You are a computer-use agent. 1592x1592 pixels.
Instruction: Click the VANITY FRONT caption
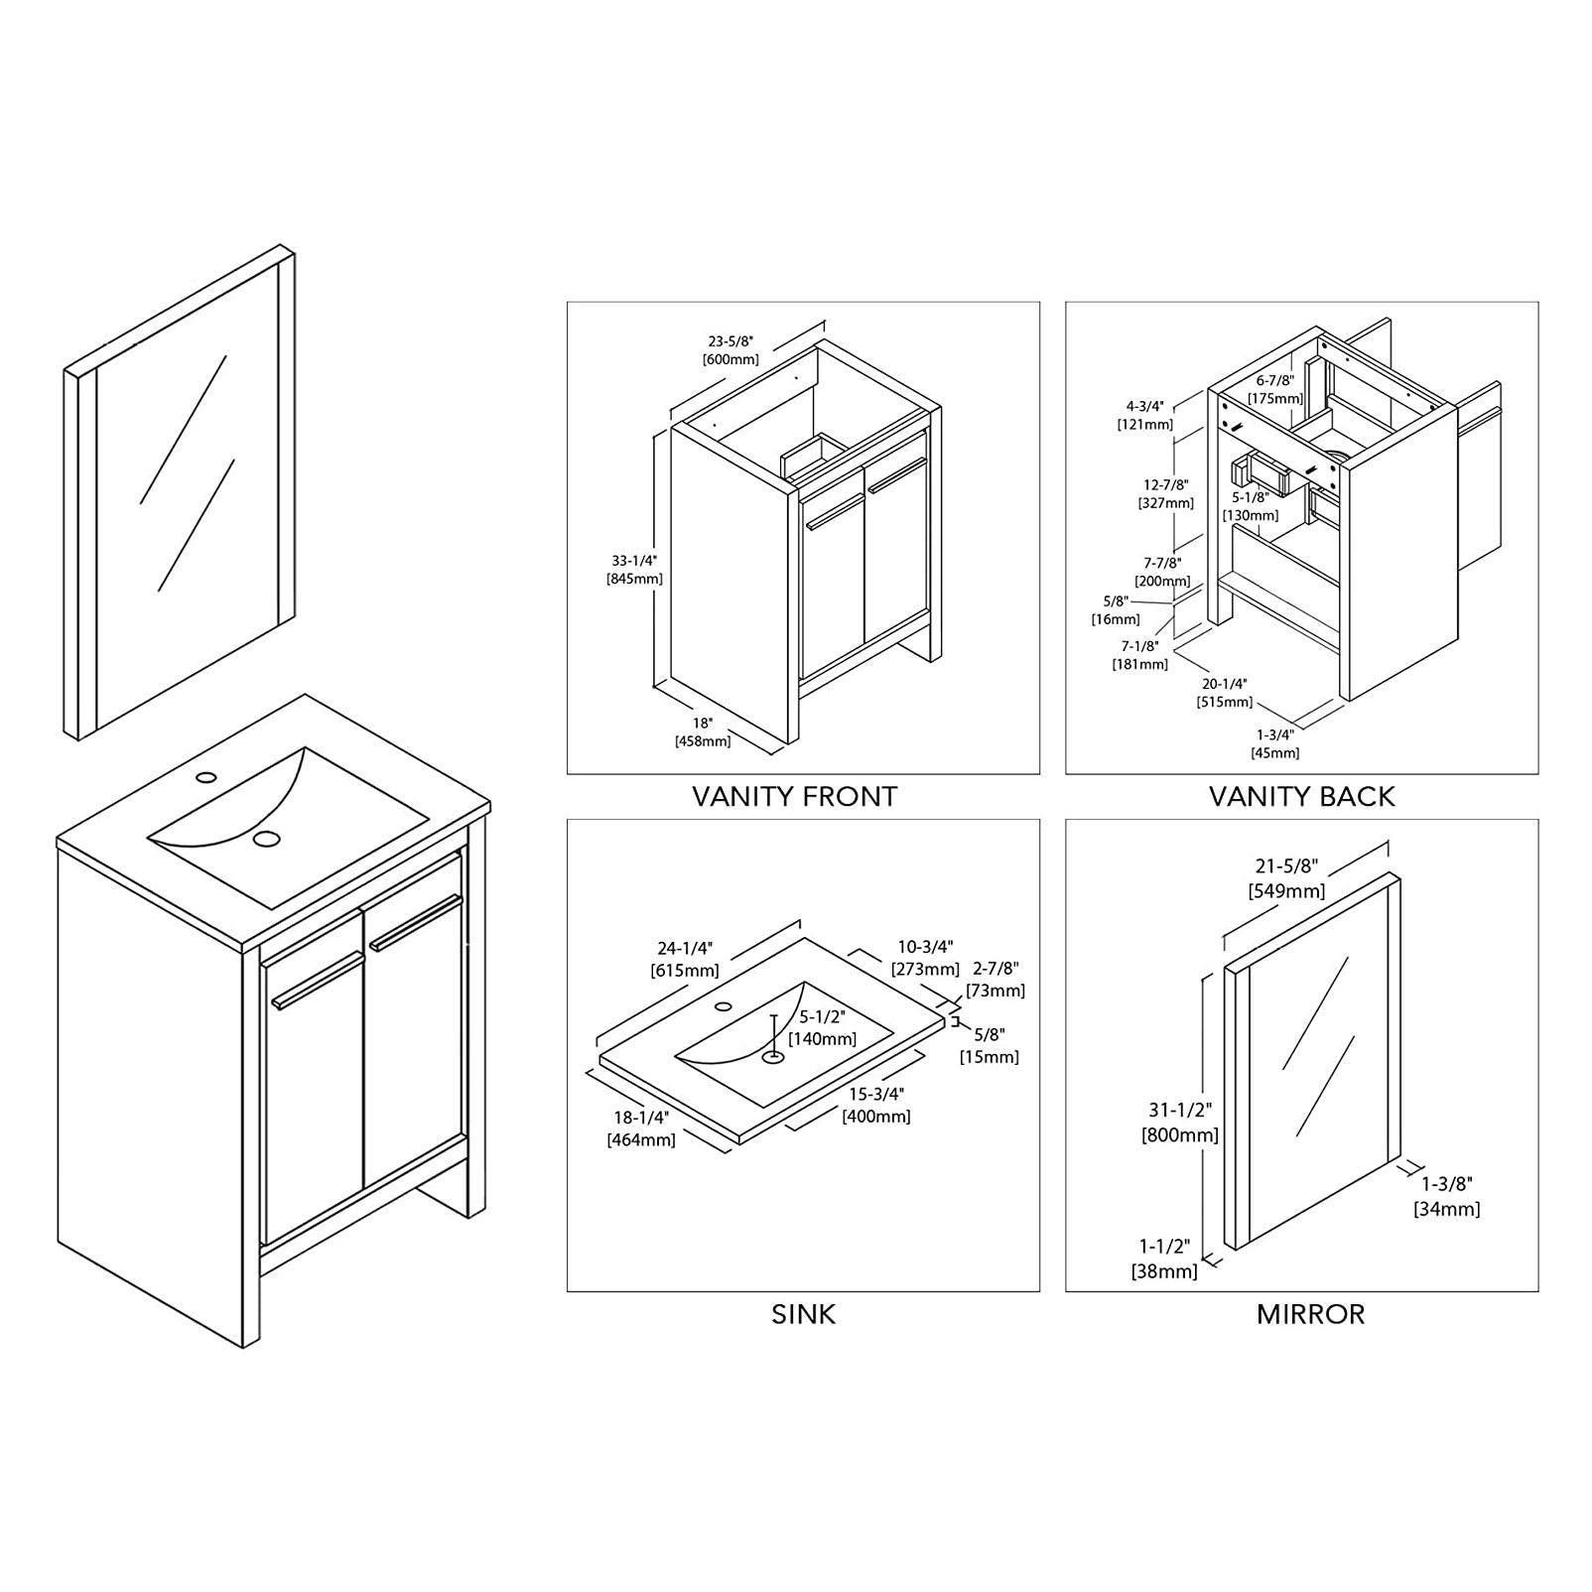click(x=794, y=796)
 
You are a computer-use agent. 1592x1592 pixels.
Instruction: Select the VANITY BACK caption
click(x=1301, y=796)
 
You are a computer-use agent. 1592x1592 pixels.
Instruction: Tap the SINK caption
click(x=803, y=1314)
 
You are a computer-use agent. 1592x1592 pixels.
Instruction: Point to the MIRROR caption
click(x=1310, y=1314)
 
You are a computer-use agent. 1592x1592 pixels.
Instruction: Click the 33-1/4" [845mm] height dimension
click(x=634, y=569)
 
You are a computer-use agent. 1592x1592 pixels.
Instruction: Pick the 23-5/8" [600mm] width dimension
click(x=730, y=349)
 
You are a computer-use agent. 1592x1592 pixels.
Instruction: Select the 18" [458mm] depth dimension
click(x=703, y=731)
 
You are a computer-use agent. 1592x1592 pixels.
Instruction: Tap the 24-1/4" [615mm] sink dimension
click(x=685, y=959)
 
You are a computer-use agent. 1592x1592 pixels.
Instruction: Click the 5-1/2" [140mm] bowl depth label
click(x=822, y=1027)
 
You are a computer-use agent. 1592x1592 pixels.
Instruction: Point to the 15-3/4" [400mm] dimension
click(x=876, y=1104)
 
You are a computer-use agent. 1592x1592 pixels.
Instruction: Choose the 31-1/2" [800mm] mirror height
click(x=1180, y=1123)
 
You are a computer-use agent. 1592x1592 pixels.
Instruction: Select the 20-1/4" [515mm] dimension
click(x=1224, y=693)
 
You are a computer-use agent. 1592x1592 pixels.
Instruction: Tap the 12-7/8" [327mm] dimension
click(x=1166, y=493)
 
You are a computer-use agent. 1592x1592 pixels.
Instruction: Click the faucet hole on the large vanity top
click(x=205, y=775)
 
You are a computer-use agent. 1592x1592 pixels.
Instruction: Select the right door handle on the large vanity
click(x=417, y=923)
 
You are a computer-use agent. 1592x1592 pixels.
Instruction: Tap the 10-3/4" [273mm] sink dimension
click(x=925, y=957)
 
